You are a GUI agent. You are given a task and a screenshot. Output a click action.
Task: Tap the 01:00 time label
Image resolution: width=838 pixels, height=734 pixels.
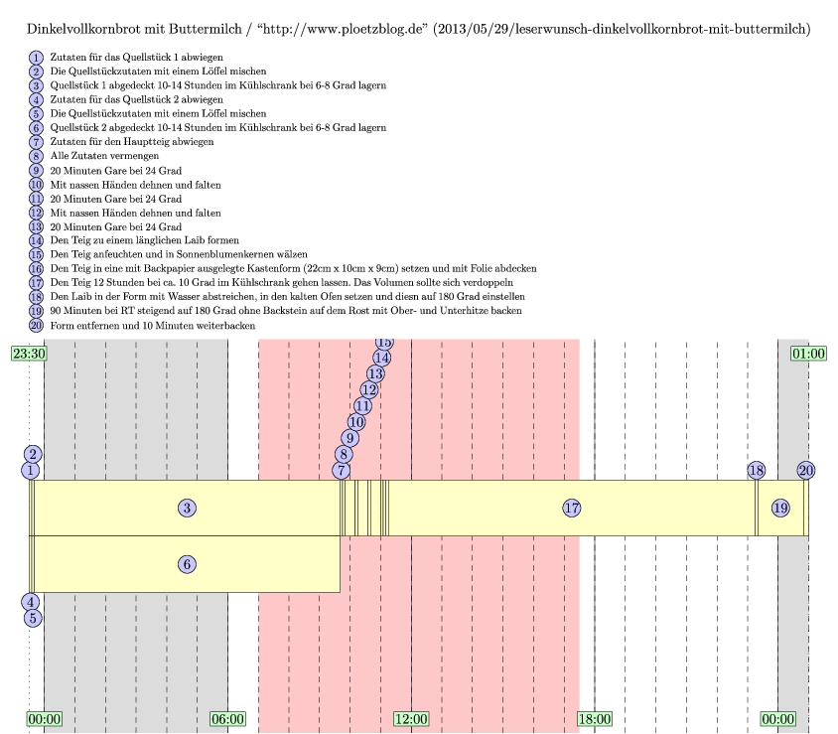(808, 353)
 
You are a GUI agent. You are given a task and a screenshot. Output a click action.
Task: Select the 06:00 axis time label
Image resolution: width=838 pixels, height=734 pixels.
(227, 718)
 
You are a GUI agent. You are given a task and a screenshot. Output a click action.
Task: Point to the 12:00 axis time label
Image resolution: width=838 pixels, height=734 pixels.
(411, 718)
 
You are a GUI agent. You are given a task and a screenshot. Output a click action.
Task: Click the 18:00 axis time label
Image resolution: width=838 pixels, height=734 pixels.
(595, 718)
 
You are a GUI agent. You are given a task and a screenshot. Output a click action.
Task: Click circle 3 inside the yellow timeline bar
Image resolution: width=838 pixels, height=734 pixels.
(187, 508)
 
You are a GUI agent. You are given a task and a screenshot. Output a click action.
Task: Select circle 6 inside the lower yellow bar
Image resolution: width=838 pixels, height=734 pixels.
(187, 563)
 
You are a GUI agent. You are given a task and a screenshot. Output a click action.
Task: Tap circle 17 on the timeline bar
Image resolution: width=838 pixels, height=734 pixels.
(571, 508)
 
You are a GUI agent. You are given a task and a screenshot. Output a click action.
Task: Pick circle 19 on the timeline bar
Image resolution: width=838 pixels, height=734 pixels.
(780, 508)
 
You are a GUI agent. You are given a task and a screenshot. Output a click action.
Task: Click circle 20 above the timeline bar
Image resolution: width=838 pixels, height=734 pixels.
(806, 470)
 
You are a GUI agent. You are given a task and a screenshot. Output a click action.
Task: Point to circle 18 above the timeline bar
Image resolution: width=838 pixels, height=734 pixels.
(757, 470)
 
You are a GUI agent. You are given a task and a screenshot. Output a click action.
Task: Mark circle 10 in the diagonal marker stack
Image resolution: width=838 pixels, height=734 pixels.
(356, 422)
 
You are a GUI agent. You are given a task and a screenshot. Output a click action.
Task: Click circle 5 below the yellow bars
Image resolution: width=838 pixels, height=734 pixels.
(33, 617)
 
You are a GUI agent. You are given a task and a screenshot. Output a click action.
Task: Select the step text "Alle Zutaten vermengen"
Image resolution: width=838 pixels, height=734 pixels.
(104, 156)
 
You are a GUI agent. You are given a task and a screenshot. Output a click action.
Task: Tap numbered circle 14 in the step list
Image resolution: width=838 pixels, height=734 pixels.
(37, 240)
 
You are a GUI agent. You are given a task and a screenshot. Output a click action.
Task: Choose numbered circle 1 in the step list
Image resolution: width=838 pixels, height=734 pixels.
(37, 58)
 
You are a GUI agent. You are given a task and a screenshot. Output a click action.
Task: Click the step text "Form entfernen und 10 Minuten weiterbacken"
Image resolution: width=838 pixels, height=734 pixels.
(151, 325)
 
